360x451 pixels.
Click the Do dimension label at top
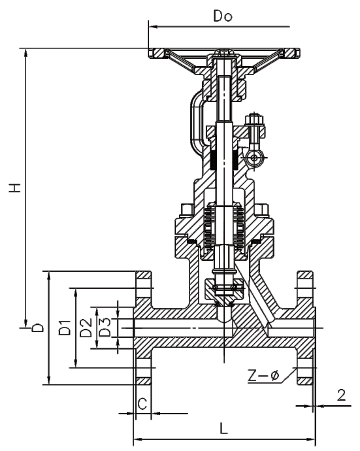(x=223, y=16)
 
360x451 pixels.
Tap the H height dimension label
(x=14, y=187)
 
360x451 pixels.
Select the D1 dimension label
(x=65, y=327)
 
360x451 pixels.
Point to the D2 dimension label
(x=86, y=327)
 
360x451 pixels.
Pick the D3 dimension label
(x=105, y=327)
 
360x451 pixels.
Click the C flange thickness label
(x=142, y=404)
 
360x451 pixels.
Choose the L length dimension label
(x=223, y=428)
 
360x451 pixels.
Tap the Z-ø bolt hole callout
(x=263, y=376)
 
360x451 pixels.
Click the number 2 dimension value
(x=341, y=395)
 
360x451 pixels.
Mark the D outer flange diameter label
(x=38, y=327)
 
